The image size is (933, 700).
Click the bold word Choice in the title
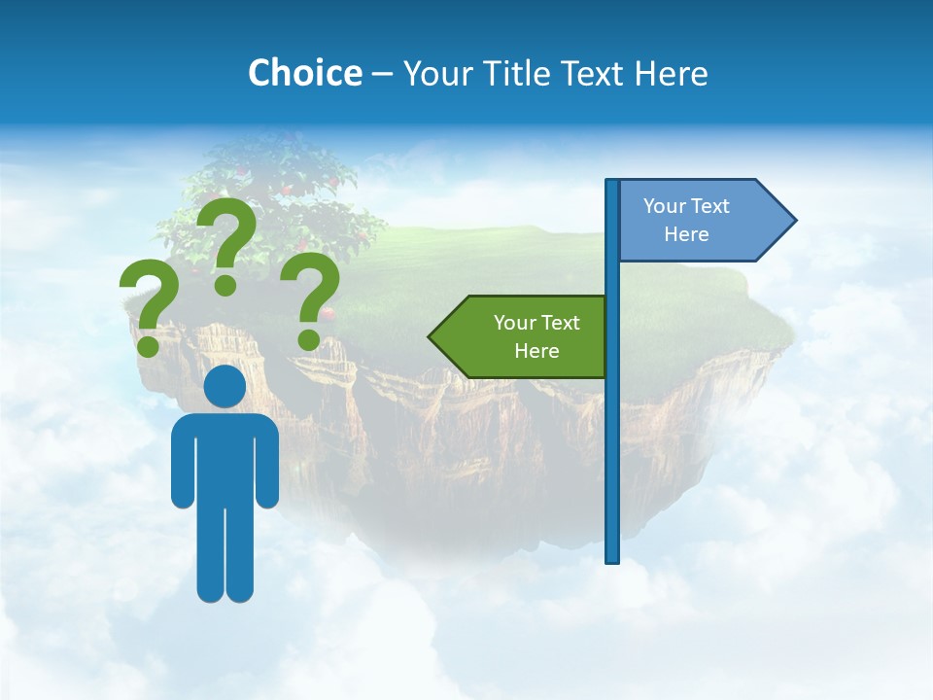(x=304, y=73)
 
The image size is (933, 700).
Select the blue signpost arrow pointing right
(x=700, y=220)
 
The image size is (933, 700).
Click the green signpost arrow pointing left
(x=525, y=336)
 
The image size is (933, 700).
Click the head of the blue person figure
(x=225, y=387)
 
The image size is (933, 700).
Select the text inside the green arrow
(x=536, y=336)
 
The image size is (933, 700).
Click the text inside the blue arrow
(x=686, y=220)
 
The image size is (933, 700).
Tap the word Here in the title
(x=672, y=73)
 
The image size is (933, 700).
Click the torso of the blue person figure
(x=225, y=457)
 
